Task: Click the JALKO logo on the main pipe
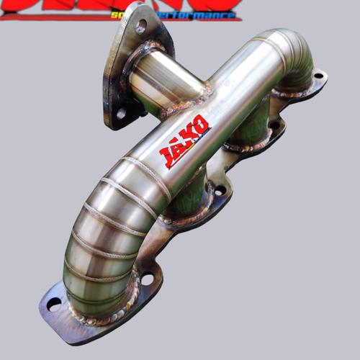click(x=184, y=140)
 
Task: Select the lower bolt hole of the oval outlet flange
click(x=121, y=113)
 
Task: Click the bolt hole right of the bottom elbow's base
click(x=147, y=278)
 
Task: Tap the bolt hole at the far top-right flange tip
click(x=318, y=75)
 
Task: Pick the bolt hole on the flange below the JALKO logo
click(x=220, y=190)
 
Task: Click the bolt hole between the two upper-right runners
click(x=274, y=125)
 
